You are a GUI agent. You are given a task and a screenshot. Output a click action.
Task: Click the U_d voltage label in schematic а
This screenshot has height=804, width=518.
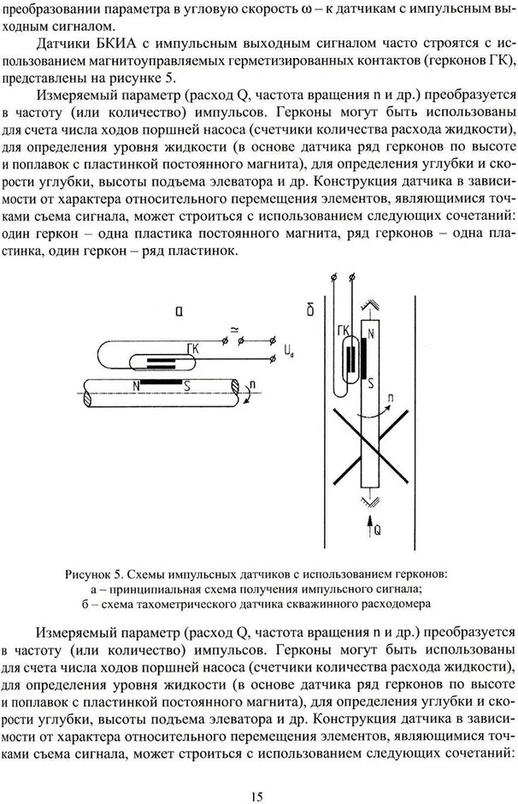[288, 351]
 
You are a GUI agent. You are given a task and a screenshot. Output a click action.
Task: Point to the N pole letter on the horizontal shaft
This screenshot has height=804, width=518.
[135, 383]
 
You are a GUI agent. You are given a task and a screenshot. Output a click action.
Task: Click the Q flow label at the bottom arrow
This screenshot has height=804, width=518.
[376, 530]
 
